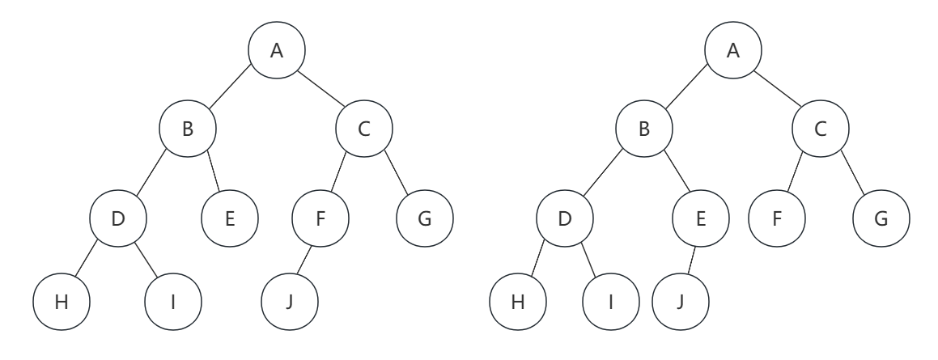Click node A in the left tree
coord(277,50)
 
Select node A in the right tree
coord(733,50)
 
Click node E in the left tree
coord(230,218)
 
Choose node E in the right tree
coord(701,218)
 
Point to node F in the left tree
coord(320,218)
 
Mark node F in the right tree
coord(778,218)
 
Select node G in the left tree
coord(426,218)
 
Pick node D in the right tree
coord(564,218)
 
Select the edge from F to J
coord(306,261)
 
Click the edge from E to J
coord(691,261)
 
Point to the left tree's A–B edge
coord(232,90)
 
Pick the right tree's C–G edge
coord(851,174)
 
